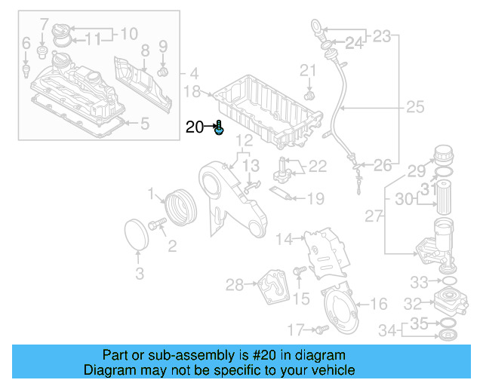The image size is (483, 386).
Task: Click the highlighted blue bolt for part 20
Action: [219, 129]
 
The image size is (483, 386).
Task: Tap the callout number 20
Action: [194, 127]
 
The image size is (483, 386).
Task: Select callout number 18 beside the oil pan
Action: [192, 92]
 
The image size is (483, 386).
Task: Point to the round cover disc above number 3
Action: [137, 233]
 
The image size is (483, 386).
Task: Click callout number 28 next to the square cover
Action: [235, 284]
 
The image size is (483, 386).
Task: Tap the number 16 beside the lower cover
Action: [379, 305]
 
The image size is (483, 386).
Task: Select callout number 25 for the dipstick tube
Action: [415, 108]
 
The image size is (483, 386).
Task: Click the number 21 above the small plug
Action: [308, 71]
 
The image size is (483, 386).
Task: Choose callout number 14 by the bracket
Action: [284, 240]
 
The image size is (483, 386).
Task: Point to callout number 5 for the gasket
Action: [145, 121]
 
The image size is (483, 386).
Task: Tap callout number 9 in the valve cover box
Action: [162, 47]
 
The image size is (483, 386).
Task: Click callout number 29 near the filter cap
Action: [417, 170]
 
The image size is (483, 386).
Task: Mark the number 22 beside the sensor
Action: [317, 166]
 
